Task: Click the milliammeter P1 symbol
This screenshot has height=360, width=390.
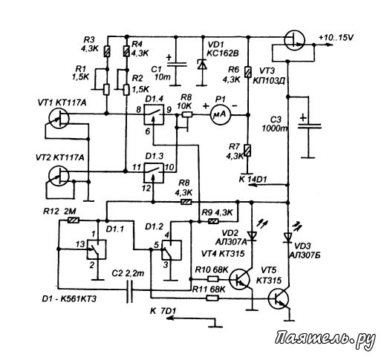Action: (221, 114)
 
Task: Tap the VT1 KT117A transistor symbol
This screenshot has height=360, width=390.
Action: (59, 119)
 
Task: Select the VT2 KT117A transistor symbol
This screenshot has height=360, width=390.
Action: (59, 176)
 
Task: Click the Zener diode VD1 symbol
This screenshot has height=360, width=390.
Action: (203, 64)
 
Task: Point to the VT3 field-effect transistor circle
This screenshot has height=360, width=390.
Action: (295, 40)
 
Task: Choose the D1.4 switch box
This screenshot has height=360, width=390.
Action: (154, 114)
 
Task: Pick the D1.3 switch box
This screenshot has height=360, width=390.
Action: (154, 173)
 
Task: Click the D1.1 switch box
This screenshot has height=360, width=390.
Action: (97, 249)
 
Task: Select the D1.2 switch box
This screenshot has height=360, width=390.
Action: (172, 250)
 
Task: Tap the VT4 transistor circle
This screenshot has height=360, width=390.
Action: (239, 280)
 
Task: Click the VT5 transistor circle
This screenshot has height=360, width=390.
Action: (279, 298)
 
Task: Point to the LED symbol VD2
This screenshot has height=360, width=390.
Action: (252, 235)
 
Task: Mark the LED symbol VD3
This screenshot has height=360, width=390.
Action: (288, 237)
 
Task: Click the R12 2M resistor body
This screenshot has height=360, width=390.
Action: (74, 220)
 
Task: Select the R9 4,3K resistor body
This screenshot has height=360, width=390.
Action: (213, 221)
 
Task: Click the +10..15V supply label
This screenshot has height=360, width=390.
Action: (337, 38)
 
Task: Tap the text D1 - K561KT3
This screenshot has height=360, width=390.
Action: (69, 298)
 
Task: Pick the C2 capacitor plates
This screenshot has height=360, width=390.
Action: (129, 289)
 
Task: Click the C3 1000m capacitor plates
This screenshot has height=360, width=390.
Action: (310, 126)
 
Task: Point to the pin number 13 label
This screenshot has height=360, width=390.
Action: (80, 244)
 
